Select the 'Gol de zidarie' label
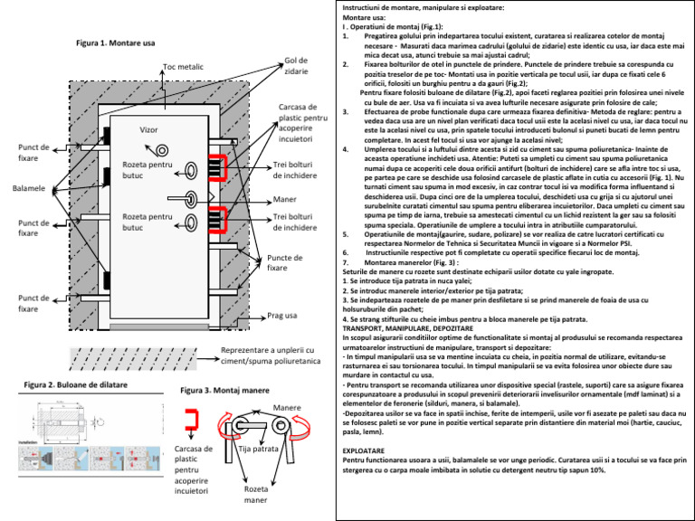click(297, 66)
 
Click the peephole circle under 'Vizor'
click(162, 150)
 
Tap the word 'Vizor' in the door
click(150, 130)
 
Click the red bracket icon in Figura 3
click(191, 419)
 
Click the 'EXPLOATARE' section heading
click(367, 450)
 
